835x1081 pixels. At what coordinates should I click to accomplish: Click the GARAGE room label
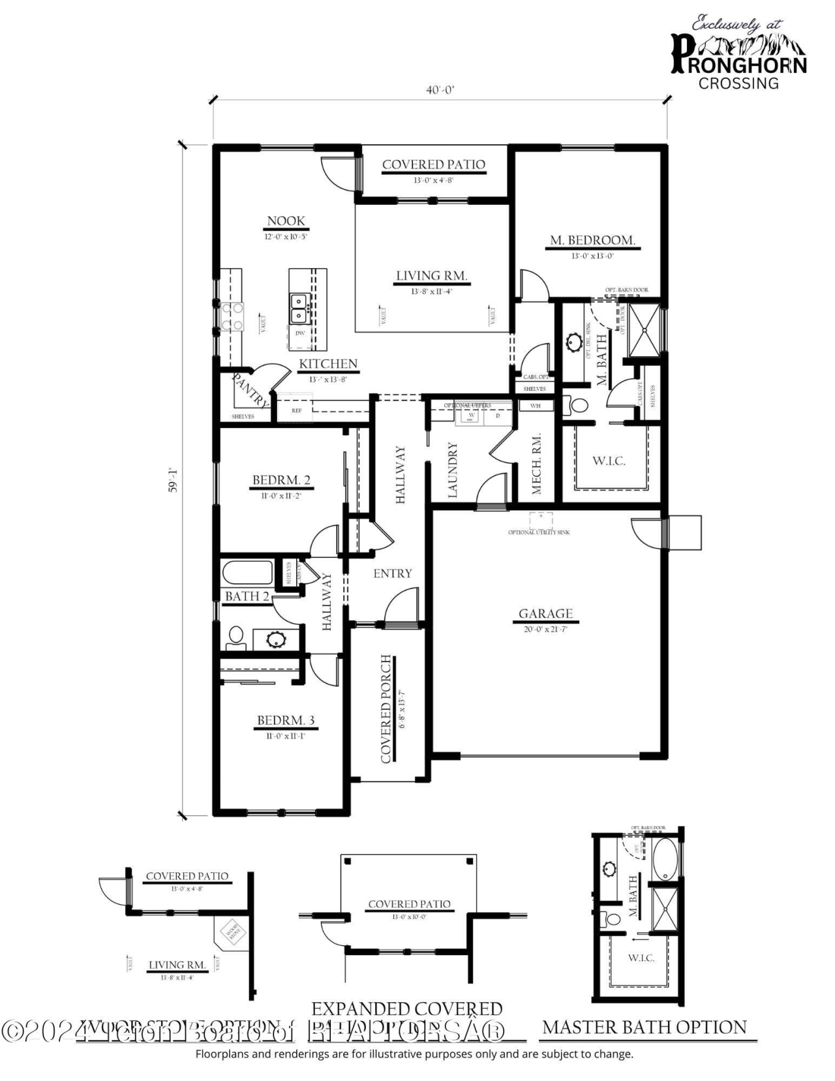[545, 613]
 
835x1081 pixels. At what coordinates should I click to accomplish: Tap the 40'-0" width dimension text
[440, 90]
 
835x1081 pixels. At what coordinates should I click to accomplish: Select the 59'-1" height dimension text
[173, 480]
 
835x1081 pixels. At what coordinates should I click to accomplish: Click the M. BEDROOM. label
[592, 240]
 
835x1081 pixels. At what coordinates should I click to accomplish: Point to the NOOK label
[286, 221]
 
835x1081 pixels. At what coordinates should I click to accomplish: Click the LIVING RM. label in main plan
[432, 276]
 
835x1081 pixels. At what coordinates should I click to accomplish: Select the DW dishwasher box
[300, 333]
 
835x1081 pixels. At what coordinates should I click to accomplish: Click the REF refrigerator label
[297, 411]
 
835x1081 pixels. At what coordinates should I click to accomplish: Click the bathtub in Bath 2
[247, 574]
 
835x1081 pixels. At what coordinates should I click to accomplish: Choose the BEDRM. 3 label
[286, 720]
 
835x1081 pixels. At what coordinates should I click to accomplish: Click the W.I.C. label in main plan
[609, 461]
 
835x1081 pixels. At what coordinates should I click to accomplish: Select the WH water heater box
[536, 406]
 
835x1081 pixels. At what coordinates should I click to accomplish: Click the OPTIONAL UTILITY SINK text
[539, 532]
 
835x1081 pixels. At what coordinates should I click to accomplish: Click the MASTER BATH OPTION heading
[645, 1028]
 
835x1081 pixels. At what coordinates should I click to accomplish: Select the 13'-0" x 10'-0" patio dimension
[409, 917]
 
